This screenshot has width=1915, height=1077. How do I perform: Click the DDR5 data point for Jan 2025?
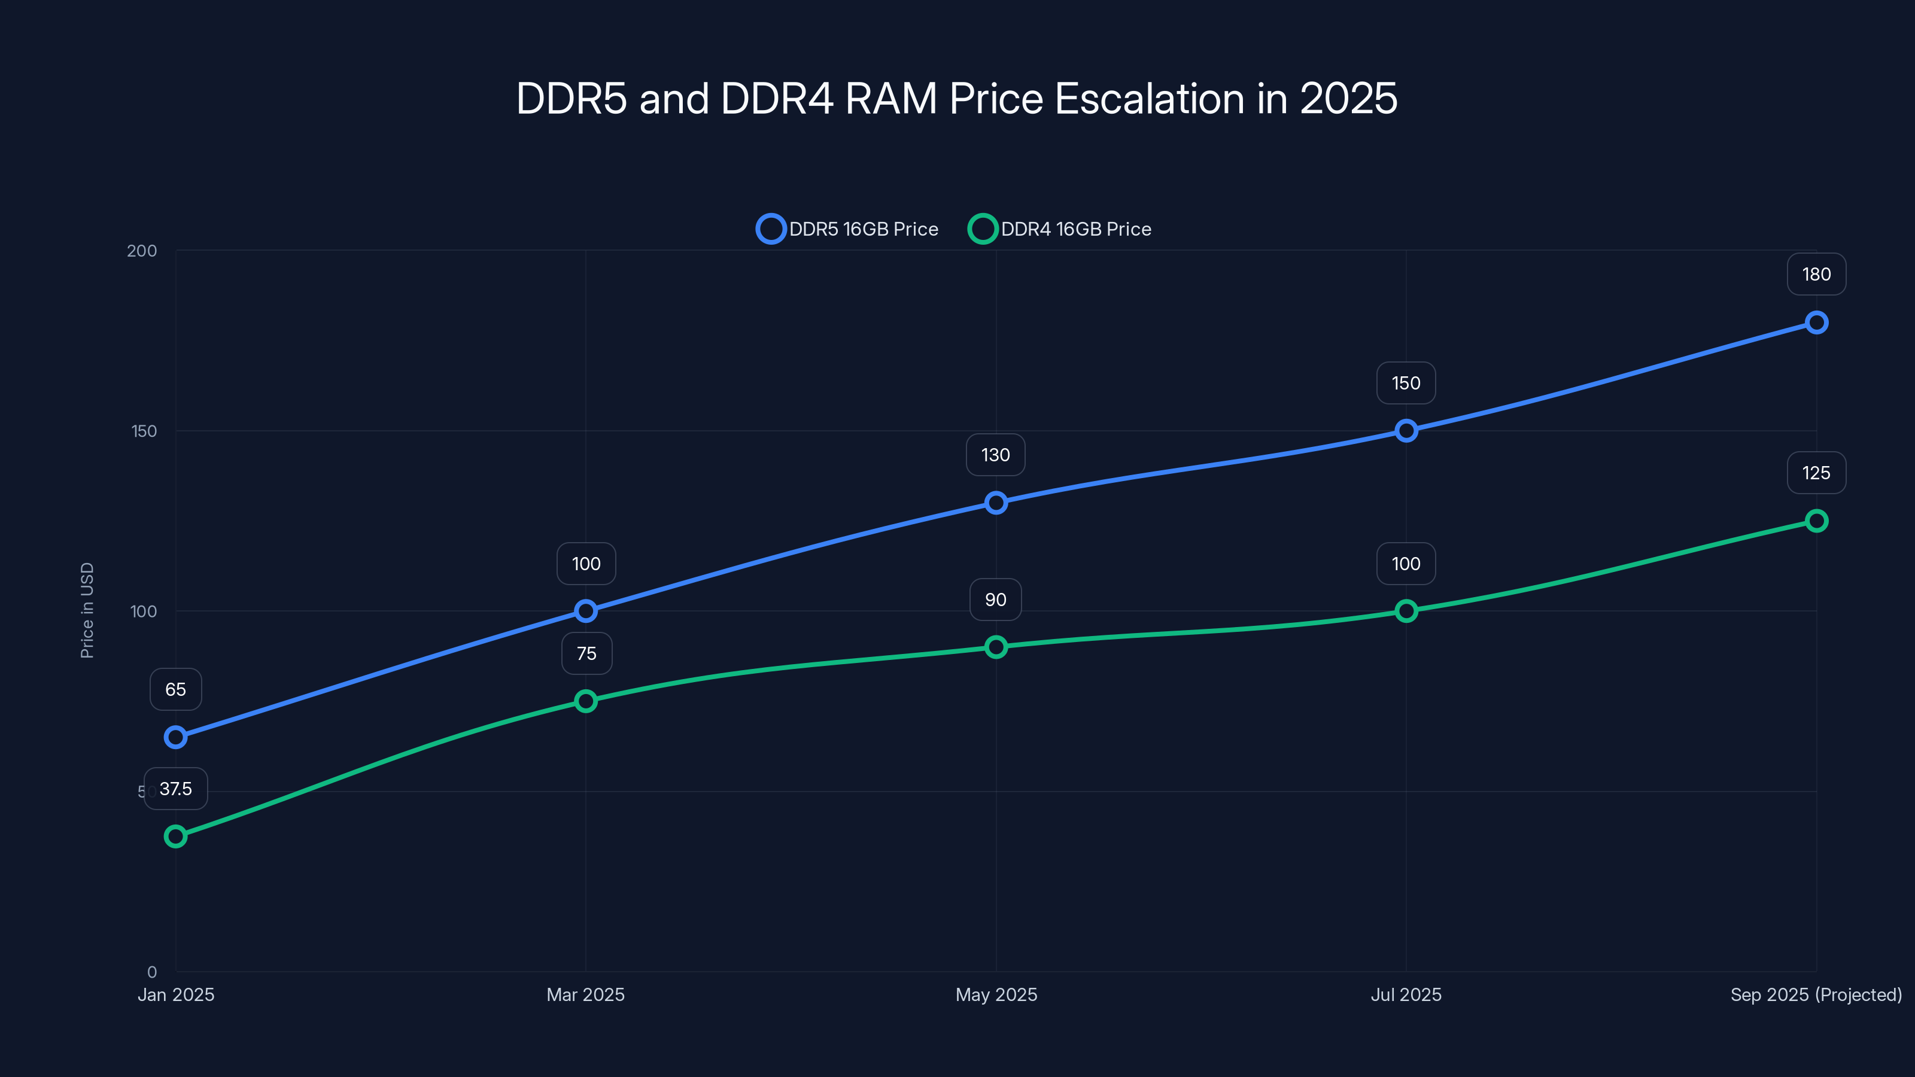[x=175, y=737]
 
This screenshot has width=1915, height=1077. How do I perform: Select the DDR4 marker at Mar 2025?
[x=586, y=701]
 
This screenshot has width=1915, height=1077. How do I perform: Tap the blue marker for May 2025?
[x=996, y=503]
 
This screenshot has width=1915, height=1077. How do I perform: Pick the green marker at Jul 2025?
[x=1406, y=611]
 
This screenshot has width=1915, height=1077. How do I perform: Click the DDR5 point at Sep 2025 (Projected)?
[x=1816, y=323]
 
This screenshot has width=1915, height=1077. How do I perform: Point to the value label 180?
[x=1816, y=274]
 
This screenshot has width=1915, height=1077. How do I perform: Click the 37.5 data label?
[x=175, y=789]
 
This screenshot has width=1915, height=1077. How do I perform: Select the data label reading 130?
[x=995, y=455]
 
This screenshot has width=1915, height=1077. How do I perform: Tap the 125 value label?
[x=1816, y=473]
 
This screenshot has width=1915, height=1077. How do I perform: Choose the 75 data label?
[x=586, y=653]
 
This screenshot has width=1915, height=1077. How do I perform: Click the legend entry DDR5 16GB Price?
[x=848, y=229]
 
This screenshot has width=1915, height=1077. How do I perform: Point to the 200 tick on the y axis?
[x=142, y=251]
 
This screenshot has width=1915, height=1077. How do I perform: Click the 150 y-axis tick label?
[x=144, y=431]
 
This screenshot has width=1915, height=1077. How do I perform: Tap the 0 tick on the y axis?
[x=151, y=972]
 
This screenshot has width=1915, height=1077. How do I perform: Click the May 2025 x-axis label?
[x=996, y=994]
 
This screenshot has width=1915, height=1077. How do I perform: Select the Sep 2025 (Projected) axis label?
[x=1816, y=994]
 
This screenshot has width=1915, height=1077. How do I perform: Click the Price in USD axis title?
[x=87, y=610]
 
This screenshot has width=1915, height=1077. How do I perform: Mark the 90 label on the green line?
[x=995, y=600]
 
